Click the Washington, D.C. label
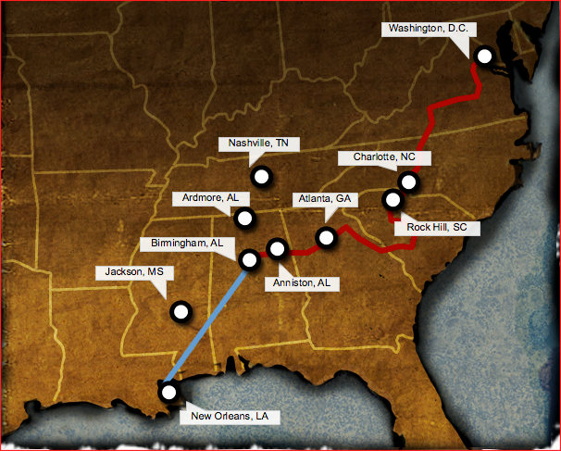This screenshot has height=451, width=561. [x=428, y=29]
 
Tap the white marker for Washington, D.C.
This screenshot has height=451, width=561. [x=483, y=56]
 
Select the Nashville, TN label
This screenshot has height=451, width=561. [x=259, y=144]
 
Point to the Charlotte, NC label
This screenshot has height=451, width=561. [x=383, y=157]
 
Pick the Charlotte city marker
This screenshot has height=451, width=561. [x=408, y=182]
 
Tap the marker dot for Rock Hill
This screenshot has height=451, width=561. [x=393, y=199]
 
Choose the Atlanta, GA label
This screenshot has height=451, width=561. [x=324, y=199]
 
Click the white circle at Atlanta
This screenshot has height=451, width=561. [x=326, y=238]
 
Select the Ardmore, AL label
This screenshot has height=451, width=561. [x=206, y=199]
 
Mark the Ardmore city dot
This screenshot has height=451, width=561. [x=245, y=219]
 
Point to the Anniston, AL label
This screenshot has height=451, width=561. [x=302, y=283]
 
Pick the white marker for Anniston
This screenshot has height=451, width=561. [x=276, y=247]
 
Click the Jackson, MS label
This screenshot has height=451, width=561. [x=128, y=272]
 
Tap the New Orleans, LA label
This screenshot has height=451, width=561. [x=230, y=417]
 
